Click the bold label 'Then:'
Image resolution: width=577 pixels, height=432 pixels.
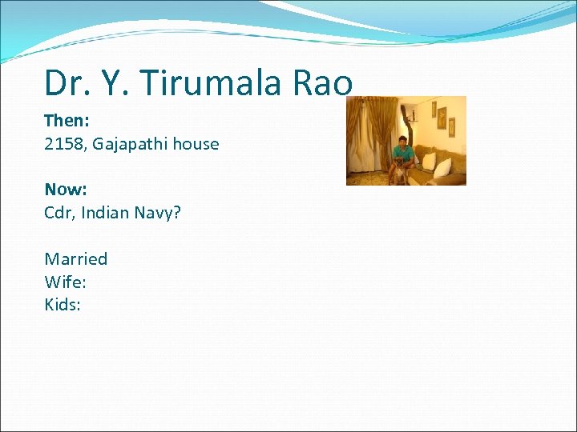coord(66,121)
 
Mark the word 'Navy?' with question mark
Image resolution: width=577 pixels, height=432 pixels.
coord(159,213)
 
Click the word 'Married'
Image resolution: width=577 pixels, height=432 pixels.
coord(75,258)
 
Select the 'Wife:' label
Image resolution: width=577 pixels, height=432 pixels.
coord(66,282)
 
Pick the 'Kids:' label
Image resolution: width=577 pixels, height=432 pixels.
coord(63,305)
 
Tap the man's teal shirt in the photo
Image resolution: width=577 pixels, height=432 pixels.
coord(404,152)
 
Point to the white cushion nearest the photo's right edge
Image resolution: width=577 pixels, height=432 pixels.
coord(442,167)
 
